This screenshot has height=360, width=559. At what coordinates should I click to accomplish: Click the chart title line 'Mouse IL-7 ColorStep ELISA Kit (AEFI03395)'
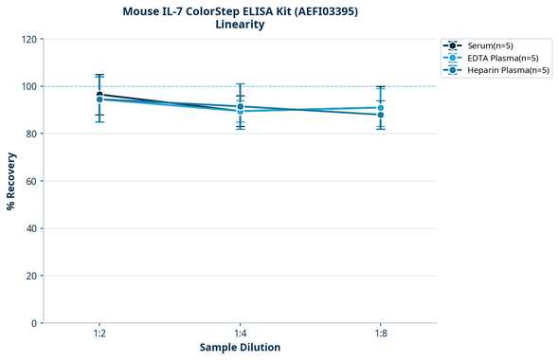click(x=240, y=10)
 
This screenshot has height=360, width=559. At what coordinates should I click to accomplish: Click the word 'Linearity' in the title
click(x=240, y=25)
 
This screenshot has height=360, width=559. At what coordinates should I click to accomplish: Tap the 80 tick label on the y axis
click(x=30, y=134)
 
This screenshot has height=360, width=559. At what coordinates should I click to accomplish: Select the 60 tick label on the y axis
click(x=30, y=181)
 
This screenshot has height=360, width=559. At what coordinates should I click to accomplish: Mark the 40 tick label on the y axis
click(x=30, y=228)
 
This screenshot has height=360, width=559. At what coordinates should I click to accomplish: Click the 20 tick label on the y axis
click(x=30, y=276)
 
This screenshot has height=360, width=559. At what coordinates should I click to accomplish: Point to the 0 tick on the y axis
click(x=33, y=323)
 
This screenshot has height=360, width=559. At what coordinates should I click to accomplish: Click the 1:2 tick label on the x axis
click(x=99, y=334)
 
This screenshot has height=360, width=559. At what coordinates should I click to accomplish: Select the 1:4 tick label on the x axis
click(x=240, y=334)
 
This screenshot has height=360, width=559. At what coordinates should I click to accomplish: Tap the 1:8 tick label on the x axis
click(x=380, y=334)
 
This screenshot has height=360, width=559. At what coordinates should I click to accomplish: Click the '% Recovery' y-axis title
click(x=10, y=181)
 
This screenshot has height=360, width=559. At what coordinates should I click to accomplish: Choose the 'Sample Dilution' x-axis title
click(x=240, y=348)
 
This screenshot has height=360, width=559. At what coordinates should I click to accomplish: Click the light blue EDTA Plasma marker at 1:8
click(x=380, y=108)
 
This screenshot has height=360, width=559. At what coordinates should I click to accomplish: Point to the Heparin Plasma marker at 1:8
click(x=380, y=115)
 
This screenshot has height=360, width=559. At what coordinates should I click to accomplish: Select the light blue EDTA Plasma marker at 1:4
click(x=240, y=111)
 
